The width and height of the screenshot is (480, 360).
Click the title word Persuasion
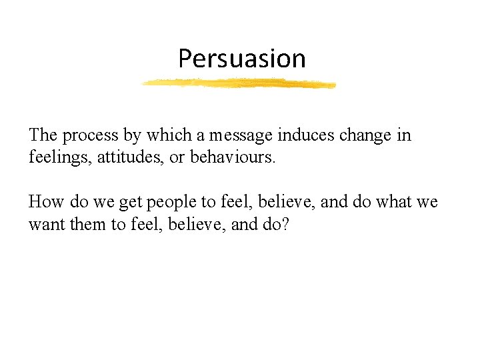[241, 59]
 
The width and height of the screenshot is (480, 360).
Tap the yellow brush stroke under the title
[239, 83]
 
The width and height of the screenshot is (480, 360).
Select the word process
[91, 136]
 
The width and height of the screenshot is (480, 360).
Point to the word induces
[304, 136]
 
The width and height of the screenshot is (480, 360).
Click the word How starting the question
[45, 202]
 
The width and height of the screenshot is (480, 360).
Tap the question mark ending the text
[285, 225]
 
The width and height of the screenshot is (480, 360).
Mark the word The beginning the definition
[43, 136]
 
